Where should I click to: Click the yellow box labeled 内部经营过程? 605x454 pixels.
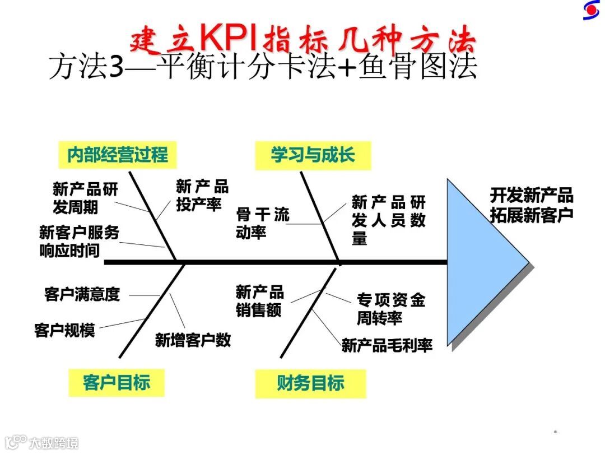pyautogui.click(x=117, y=154)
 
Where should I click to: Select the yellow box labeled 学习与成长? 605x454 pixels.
pyautogui.click(x=313, y=155)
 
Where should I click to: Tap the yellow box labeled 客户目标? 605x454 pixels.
pyautogui.click(x=116, y=383)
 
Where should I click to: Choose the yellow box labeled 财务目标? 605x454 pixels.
pyautogui.click(x=310, y=383)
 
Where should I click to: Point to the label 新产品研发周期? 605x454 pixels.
pyautogui.click(x=85, y=198)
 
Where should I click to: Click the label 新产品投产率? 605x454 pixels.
pyautogui.click(x=202, y=195)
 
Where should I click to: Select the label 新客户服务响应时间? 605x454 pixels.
pyautogui.click(x=79, y=240)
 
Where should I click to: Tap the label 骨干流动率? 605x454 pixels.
pyautogui.click(x=262, y=223)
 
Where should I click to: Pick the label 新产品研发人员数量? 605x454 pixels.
pyautogui.click(x=388, y=220)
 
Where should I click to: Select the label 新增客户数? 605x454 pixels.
pyautogui.click(x=193, y=340)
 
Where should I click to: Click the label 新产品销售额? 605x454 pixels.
pyautogui.click(x=259, y=301)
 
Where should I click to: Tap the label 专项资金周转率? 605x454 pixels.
pyautogui.click(x=390, y=309)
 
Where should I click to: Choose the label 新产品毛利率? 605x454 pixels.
pyautogui.click(x=387, y=345)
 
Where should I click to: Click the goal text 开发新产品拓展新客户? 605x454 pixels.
pyautogui.click(x=532, y=206)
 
